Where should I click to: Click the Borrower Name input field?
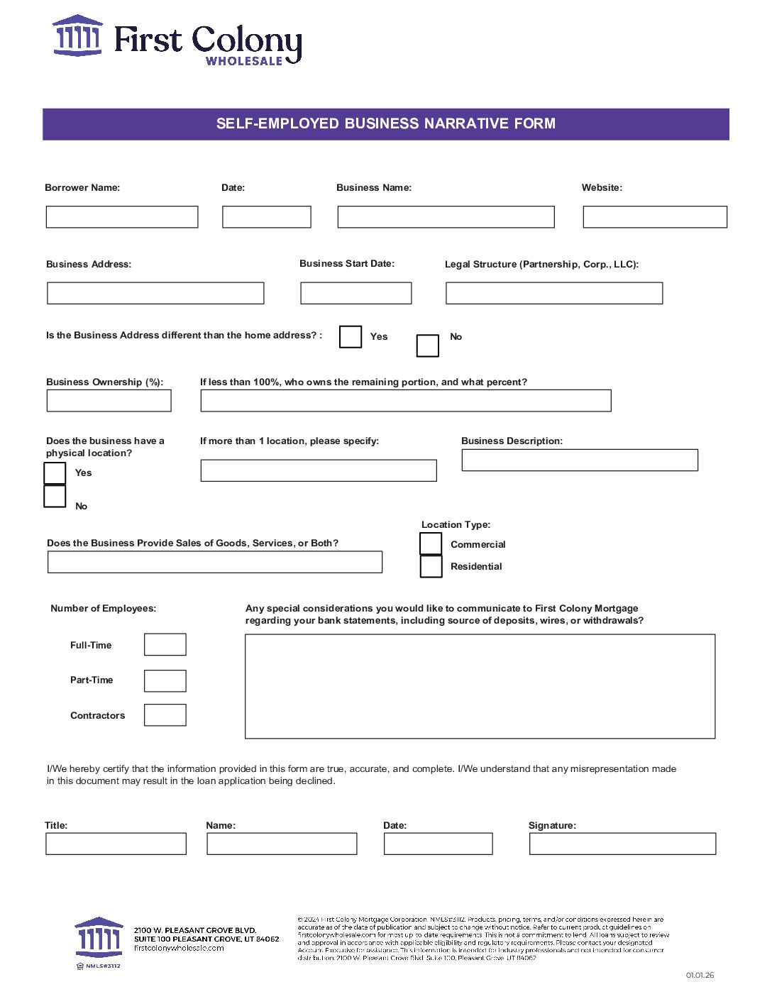122,217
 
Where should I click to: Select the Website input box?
655,217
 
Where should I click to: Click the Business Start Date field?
356,293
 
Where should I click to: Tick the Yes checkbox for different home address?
351,336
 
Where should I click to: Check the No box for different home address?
428,346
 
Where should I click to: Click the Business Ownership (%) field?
109,401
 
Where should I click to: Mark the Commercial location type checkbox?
431,543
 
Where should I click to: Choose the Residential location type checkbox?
431,566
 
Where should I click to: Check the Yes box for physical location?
55,473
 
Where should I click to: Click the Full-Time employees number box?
165,645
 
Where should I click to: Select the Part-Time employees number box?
165,680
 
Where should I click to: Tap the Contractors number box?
165,715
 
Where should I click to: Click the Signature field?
622,844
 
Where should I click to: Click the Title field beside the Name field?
116,844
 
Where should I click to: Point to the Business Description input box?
580,460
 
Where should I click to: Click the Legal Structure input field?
554,293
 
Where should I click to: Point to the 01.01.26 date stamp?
700,975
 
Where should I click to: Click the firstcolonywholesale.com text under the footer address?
179,948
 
